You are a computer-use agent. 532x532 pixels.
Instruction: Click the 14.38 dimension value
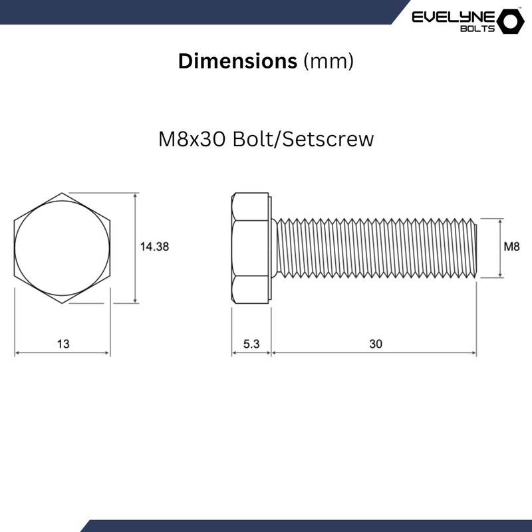[154, 246]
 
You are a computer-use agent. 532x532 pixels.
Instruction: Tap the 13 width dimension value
[63, 344]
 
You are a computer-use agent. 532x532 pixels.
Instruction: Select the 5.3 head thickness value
[251, 344]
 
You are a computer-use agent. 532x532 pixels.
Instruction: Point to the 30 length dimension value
[376, 344]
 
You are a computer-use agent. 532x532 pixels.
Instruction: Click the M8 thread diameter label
[511, 247]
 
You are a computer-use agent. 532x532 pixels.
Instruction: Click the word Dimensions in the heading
[237, 61]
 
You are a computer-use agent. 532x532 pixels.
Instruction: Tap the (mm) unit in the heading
[328, 61]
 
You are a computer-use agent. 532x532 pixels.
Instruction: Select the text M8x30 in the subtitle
[193, 140]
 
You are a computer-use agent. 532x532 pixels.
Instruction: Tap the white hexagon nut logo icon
[511, 21]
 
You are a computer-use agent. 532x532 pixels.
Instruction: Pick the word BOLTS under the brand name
[477, 29]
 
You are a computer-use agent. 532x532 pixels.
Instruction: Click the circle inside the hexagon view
[63, 248]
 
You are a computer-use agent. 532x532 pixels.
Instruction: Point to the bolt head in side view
[251, 248]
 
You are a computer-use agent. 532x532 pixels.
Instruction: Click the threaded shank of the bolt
[376, 248]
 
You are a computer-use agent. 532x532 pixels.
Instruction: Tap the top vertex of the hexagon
[63, 194]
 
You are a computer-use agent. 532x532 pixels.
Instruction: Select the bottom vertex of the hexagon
[63, 303]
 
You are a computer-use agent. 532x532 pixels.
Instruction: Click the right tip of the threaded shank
[475, 248]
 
